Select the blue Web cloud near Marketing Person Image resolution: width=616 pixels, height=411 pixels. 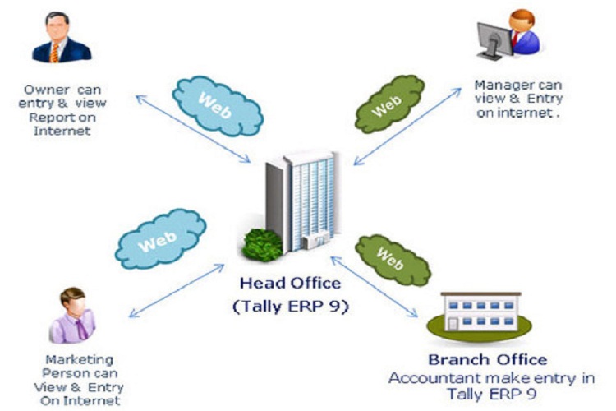click(160, 239)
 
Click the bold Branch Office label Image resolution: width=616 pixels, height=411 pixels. click(487, 360)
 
